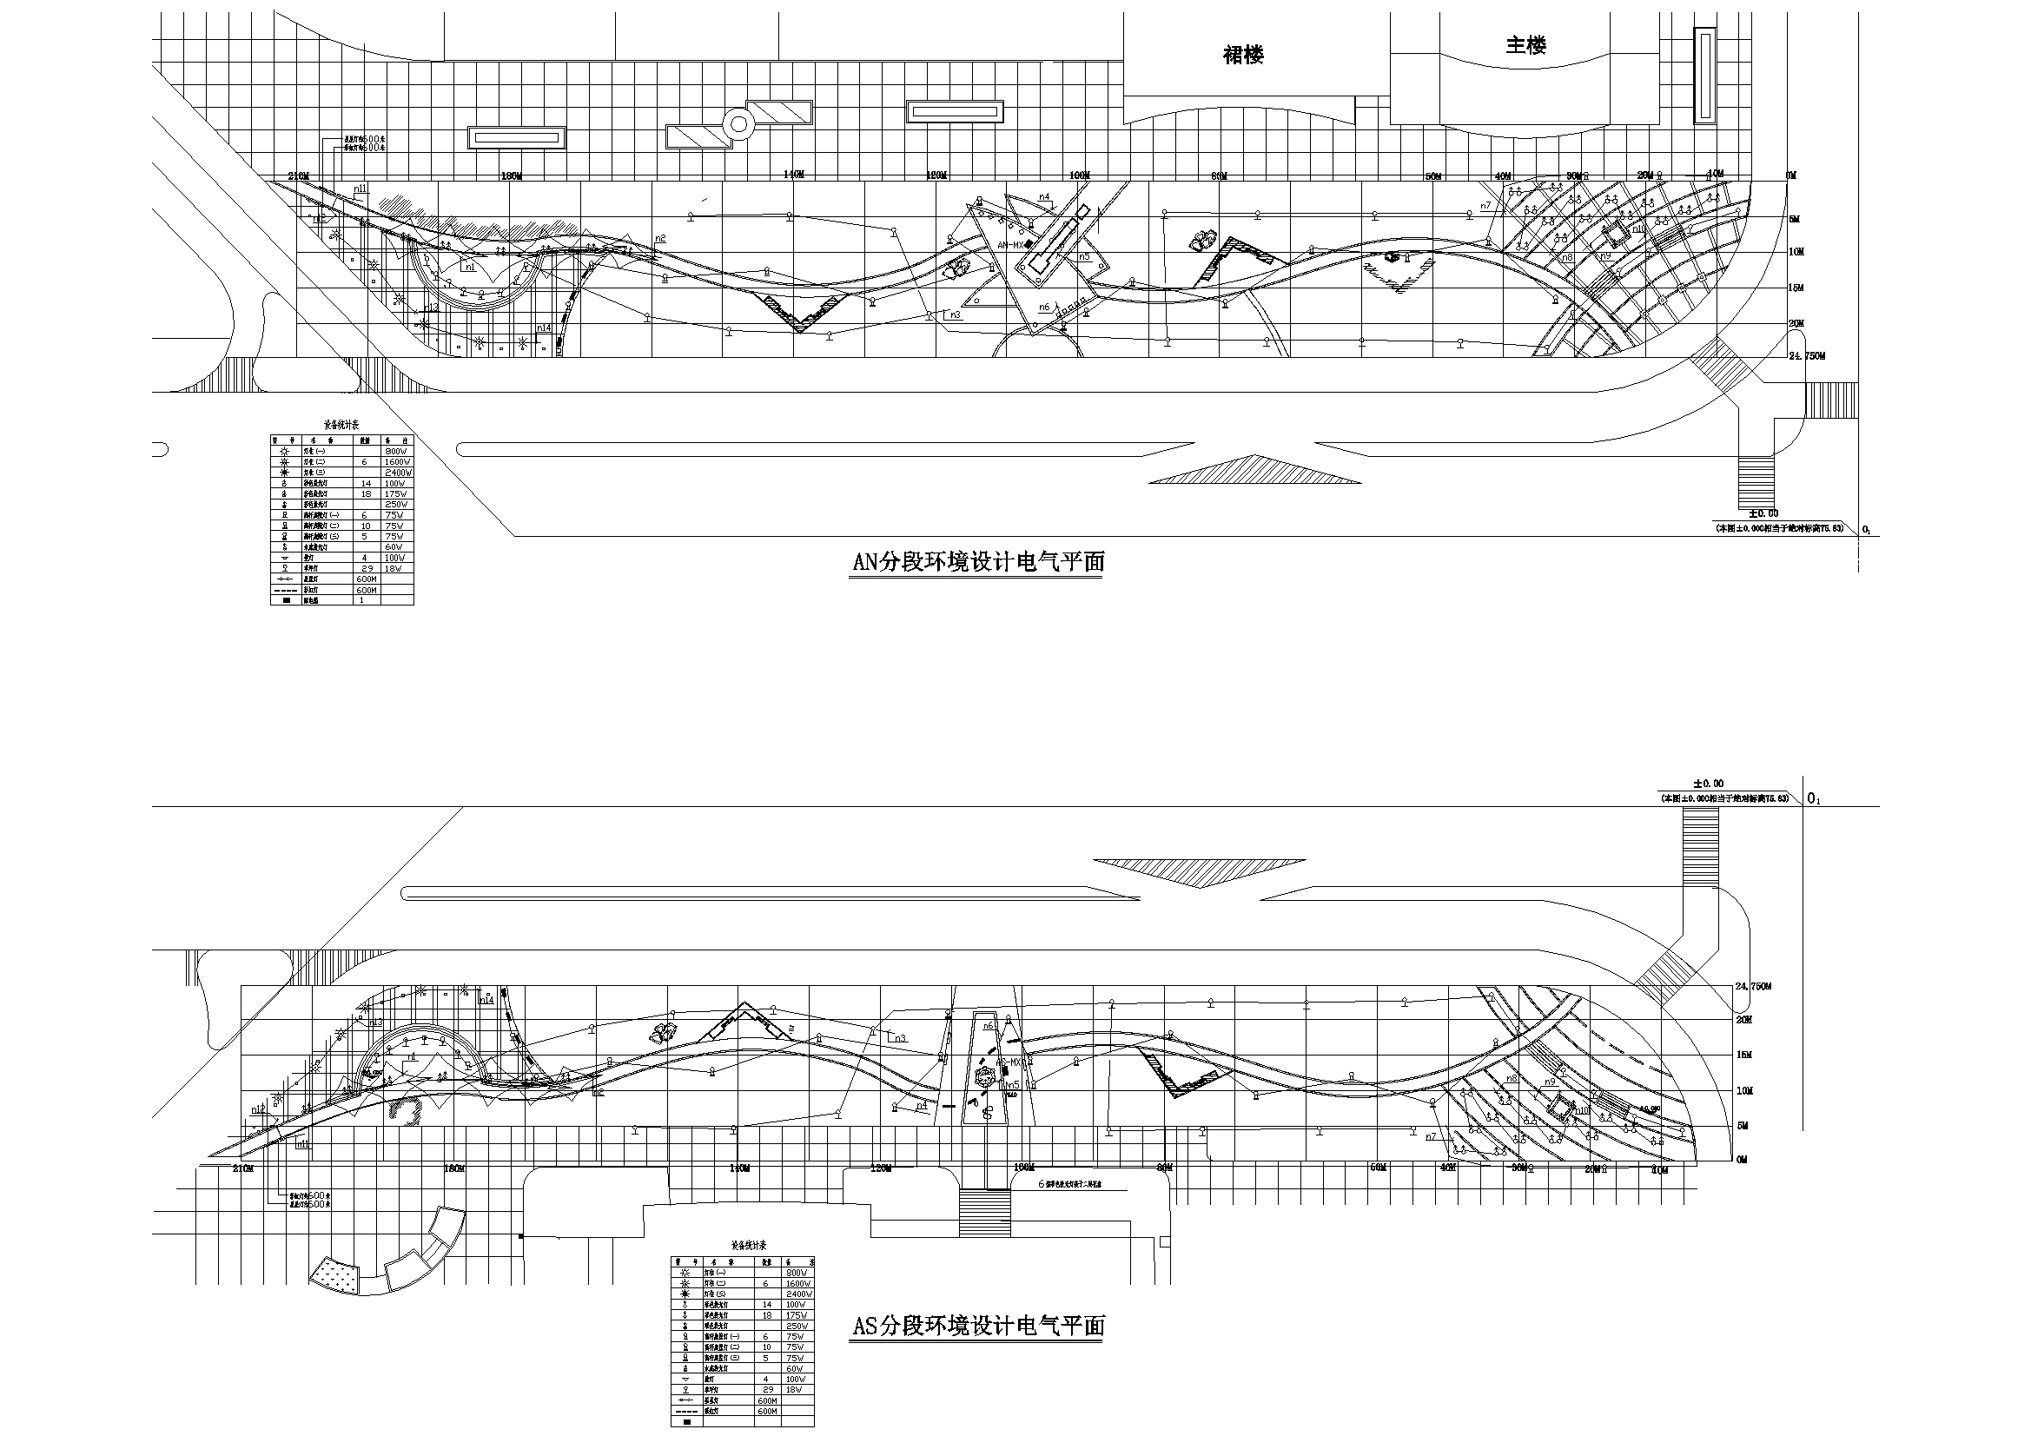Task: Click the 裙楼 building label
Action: point(1243,56)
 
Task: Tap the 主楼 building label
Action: point(1526,45)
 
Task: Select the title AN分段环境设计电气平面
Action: point(977,563)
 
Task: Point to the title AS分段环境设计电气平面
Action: point(977,1327)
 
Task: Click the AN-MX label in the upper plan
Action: point(1009,245)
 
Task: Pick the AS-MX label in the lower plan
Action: point(1010,1062)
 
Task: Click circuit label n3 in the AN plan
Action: point(955,315)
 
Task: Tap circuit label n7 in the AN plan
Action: point(1485,206)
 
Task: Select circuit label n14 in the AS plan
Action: point(486,1000)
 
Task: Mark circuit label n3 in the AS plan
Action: point(901,1038)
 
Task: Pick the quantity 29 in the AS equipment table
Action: point(767,1390)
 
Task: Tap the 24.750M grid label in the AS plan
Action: point(1753,987)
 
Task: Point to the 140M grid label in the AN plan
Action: point(793,175)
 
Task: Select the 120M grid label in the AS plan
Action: point(881,1168)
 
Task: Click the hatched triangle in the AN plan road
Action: point(1254,471)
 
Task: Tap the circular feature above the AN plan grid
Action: point(737,125)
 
